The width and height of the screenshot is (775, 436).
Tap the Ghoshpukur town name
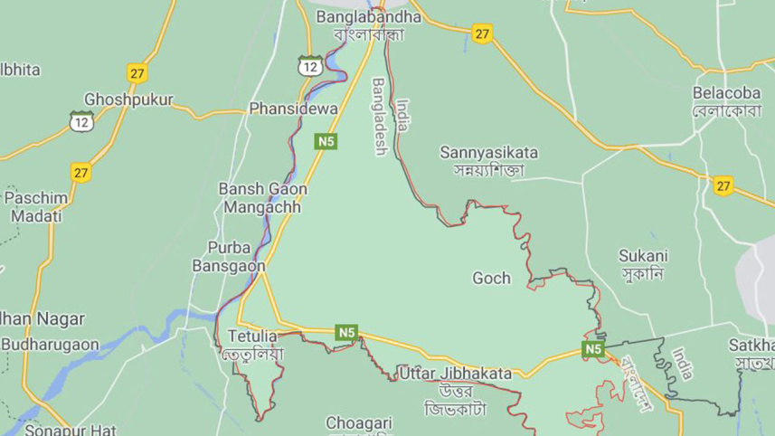(x=128, y=100)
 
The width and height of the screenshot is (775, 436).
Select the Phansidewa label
(x=293, y=109)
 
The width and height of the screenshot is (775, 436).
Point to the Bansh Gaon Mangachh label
(x=263, y=199)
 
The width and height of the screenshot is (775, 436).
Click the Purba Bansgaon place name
(x=230, y=257)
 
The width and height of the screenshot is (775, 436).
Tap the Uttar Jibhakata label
(x=455, y=373)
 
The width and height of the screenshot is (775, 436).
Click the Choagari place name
(x=360, y=422)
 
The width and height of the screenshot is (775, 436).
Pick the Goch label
(x=491, y=279)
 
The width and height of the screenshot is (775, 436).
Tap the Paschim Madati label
(x=32, y=207)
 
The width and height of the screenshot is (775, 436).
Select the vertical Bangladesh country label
(x=380, y=117)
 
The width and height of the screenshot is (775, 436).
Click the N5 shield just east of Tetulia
(x=346, y=332)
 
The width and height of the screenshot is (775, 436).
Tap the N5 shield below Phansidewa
(x=326, y=141)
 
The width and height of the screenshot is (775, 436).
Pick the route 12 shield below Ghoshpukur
(x=81, y=120)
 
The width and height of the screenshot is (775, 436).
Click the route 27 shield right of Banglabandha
(x=481, y=34)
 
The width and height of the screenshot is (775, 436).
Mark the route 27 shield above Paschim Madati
(x=81, y=172)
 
